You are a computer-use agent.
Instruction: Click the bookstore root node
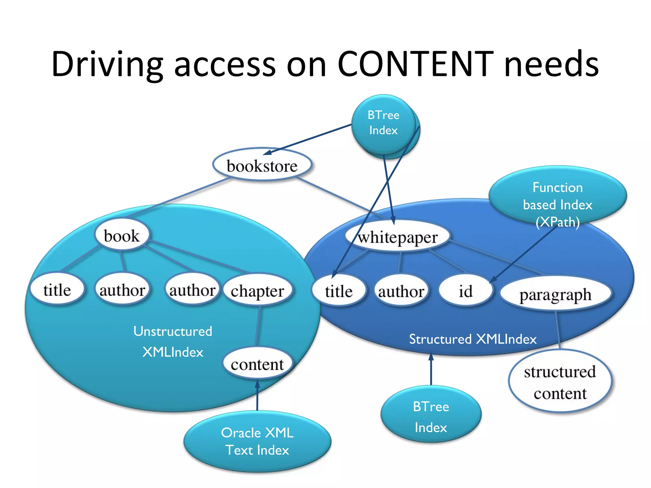point(262,165)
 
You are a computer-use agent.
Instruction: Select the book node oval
point(122,235)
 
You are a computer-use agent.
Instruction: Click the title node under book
point(57,289)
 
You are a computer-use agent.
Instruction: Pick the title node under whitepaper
point(339,291)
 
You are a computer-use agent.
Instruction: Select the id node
point(465,291)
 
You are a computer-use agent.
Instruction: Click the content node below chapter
point(257,364)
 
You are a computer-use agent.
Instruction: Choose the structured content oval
point(560,382)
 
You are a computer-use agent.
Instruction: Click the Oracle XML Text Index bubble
point(257,441)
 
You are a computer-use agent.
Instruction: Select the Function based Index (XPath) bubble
point(558,195)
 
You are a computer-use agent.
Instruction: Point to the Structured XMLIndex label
point(473,339)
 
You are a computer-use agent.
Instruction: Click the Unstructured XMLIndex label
point(173,342)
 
